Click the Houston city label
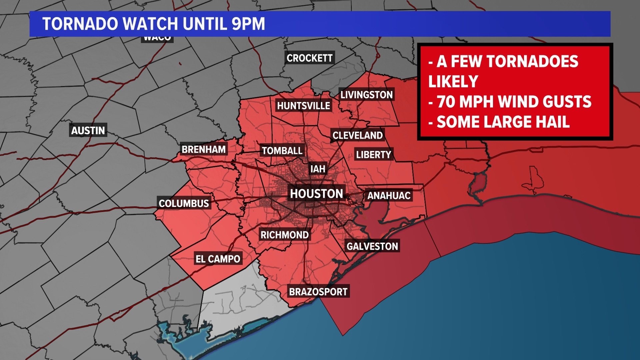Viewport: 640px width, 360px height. [316, 194]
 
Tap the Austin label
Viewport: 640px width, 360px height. [88, 130]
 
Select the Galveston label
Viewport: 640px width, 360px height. [372, 246]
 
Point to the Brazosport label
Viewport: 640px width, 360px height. [318, 292]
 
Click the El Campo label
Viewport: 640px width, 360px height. [218, 259]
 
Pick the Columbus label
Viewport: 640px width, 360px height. [184, 204]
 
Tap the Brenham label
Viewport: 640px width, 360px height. [203, 149]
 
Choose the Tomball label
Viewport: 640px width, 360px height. [282, 151]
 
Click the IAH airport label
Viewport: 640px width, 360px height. [318, 169]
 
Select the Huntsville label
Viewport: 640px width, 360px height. [303, 106]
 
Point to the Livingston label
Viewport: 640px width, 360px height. [366, 95]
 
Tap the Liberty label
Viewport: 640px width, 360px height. [373, 155]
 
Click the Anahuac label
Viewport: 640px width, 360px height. [389, 196]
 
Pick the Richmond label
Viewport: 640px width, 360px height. [284, 235]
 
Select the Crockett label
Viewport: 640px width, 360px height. [309, 58]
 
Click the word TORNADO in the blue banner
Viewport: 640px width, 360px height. [80, 24]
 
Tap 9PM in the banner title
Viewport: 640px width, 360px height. [248, 24]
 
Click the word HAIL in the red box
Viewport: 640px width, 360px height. [552, 122]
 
